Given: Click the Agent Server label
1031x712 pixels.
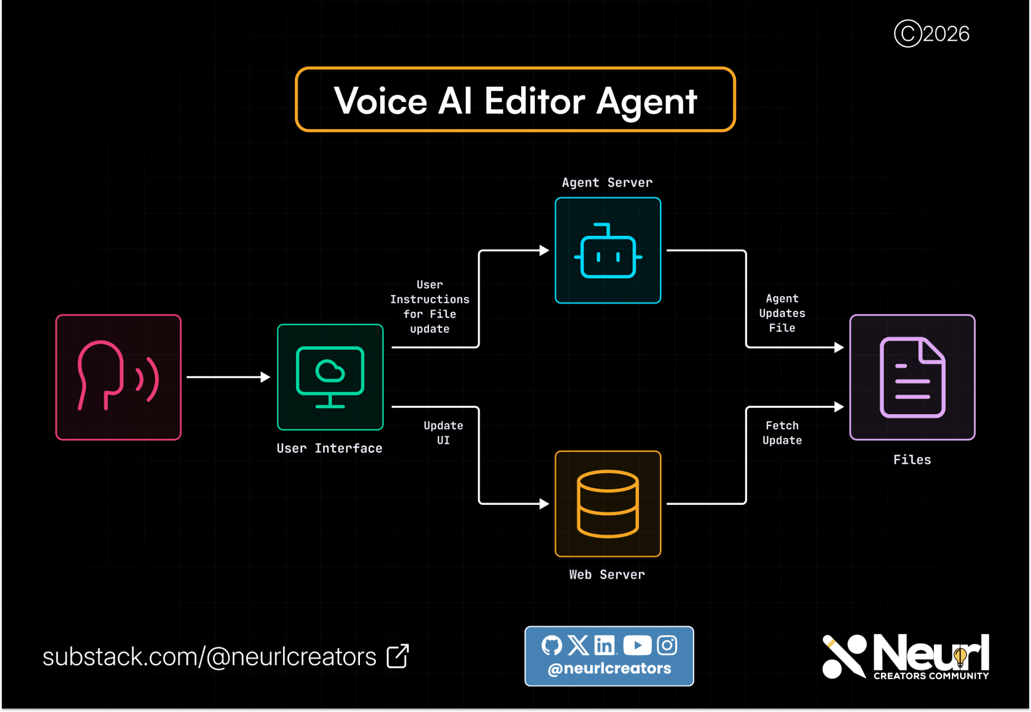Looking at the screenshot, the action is coord(607,182).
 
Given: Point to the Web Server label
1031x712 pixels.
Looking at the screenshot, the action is coord(607,574).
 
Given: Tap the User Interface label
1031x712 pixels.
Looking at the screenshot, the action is coord(330,448).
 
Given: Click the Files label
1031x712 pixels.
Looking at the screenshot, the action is coord(912,460).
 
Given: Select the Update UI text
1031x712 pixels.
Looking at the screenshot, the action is coord(444,433).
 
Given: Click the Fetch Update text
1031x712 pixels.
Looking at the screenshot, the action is coord(782,433).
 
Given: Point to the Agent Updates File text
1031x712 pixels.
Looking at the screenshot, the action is coord(782,313).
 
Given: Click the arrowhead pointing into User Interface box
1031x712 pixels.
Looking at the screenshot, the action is coord(266,377).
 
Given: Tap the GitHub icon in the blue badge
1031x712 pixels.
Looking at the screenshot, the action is coord(552,645).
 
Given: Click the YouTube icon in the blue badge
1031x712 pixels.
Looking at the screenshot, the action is coord(637,645).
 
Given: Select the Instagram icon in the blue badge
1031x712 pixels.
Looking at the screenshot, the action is coord(668,645).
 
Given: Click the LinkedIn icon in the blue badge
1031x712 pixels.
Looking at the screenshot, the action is coord(605,645).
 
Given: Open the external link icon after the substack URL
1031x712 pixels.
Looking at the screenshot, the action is coord(398,656).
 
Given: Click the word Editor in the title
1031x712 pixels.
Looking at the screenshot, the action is coord(535,101).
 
